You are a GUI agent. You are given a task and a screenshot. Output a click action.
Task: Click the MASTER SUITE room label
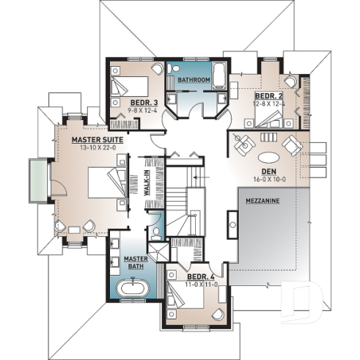click(x=96, y=138)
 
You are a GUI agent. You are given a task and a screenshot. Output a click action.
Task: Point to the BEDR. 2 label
click(x=269, y=96)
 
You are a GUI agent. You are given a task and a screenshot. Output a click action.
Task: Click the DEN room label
click(x=269, y=169)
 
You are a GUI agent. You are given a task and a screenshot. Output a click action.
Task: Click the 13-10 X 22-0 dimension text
click(x=96, y=146)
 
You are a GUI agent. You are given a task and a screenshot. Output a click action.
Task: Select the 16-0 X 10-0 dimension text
click(x=269, y=177)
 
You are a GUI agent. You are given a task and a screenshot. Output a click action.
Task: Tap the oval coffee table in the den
click(x=269, y=155)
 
